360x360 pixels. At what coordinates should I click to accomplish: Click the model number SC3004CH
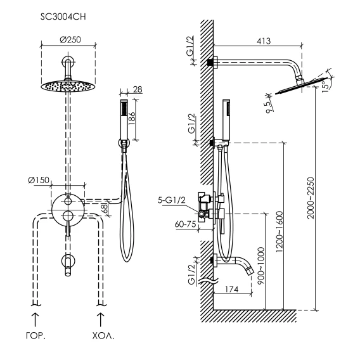tap(63, 17)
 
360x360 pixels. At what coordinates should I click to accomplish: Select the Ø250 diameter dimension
tap(70, 39)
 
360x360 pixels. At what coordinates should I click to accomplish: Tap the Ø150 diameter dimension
tap(39, 180)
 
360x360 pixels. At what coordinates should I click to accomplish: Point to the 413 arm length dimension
tap(264, 41)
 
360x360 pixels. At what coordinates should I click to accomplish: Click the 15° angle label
tap(325, 86)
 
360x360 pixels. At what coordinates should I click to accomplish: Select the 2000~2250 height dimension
tap(311, 198)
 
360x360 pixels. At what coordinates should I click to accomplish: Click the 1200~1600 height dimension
tap(279, 232)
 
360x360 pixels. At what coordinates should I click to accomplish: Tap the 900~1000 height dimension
tap(261, 266)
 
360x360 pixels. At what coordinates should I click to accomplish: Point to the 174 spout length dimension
tap(231, 289)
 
